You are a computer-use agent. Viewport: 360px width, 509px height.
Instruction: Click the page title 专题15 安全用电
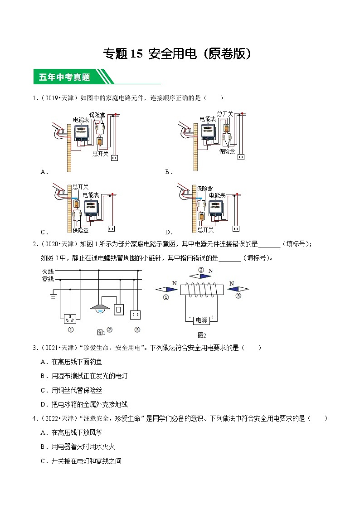pos(177,54)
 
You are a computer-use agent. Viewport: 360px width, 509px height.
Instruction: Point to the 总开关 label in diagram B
pos(225,114)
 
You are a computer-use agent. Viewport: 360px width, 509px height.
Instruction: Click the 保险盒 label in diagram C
pos(80,230)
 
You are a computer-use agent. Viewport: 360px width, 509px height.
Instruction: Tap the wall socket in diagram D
pos(236,228)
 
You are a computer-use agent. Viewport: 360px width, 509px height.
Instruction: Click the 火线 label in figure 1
pos(48,271)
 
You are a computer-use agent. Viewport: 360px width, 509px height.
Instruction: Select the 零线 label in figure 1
pos(48,279)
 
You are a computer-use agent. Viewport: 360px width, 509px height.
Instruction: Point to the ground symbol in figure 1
pos(54,297)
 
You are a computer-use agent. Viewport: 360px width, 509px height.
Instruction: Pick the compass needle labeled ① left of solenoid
pos(166,289)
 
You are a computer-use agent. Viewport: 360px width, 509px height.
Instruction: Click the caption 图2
pos(202,335)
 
